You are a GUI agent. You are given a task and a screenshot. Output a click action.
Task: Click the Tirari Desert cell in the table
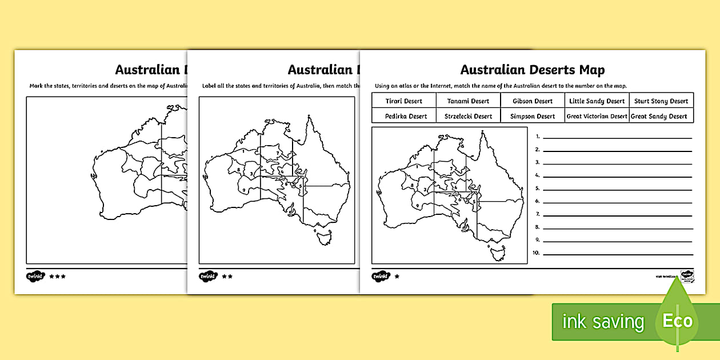[403, 101]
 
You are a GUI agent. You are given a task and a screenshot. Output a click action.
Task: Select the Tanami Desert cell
[468, 101]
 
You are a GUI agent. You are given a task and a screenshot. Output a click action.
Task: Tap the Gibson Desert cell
[533, 101]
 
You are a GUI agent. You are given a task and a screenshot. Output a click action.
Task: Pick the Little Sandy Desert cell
[597, 101]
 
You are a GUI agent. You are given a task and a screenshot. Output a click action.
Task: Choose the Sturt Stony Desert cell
[661, 101]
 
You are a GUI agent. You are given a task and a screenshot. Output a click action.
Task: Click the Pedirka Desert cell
[403, 116]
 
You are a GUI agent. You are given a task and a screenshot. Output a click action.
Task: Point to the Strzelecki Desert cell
[468, 116]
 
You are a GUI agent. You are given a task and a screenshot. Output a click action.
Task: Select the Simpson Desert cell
[533, 116]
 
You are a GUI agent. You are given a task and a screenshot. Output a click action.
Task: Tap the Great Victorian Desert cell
[597, 116]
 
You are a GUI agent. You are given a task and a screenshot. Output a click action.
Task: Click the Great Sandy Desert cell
[661, 116]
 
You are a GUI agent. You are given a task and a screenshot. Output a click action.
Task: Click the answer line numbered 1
[617, 137]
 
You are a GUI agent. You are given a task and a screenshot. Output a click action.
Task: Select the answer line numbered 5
[617, 189]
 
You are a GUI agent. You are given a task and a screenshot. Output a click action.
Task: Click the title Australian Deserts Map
[532, 70]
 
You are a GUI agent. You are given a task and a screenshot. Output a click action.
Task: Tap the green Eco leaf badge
[677, 321]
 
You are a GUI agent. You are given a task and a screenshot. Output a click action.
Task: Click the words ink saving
[603, 322]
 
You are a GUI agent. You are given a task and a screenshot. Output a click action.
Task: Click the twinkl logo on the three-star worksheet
[35, 277]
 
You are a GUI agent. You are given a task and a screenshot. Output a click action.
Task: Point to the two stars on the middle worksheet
[227, 277]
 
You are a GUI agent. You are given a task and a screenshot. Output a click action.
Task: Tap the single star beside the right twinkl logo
[397, 277]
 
